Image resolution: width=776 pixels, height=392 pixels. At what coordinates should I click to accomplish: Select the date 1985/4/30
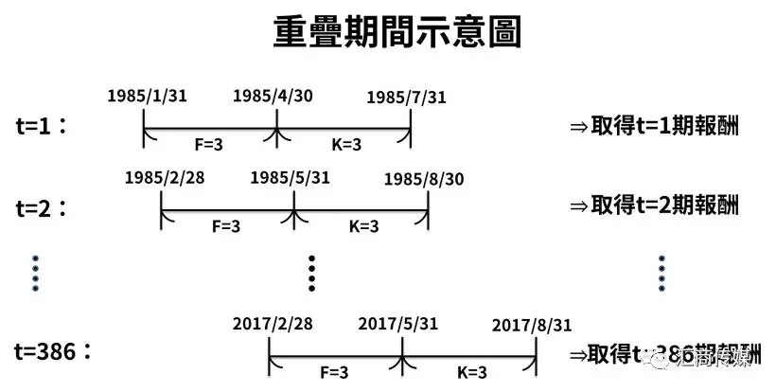pos(276,97)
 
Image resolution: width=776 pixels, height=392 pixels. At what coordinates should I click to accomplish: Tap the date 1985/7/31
pos(406,98)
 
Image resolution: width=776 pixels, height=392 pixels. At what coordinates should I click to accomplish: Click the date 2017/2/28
pos(272,324)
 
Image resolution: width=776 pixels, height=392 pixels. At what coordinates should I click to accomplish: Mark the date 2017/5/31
pos(398,324)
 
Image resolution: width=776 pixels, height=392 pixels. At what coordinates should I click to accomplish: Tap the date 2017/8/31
pos(532,325)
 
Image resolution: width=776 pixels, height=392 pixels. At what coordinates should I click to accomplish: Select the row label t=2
pos(43,205)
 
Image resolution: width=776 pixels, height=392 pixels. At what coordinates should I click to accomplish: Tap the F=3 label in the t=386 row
pos(337,372)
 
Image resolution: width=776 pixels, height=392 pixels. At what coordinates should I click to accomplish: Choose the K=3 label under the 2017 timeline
pos(470,372)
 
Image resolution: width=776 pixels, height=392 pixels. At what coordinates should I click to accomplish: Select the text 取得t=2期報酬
pos(654,205)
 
